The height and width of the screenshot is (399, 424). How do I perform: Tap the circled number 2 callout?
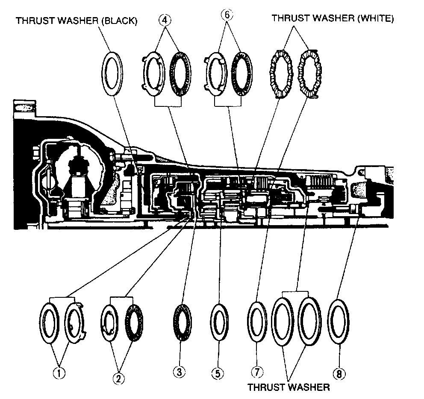coord(118,378)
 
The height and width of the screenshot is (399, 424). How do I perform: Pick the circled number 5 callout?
coord(218,373)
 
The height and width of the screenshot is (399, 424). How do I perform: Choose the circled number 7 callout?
coord(256,373)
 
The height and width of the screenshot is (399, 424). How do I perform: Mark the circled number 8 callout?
coord(339,374)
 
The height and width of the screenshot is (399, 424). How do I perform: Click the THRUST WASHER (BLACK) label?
coord(77,21)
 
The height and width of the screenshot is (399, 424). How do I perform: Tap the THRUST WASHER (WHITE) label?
coord(333,18)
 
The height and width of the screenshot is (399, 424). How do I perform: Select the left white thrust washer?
coord(280,73)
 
